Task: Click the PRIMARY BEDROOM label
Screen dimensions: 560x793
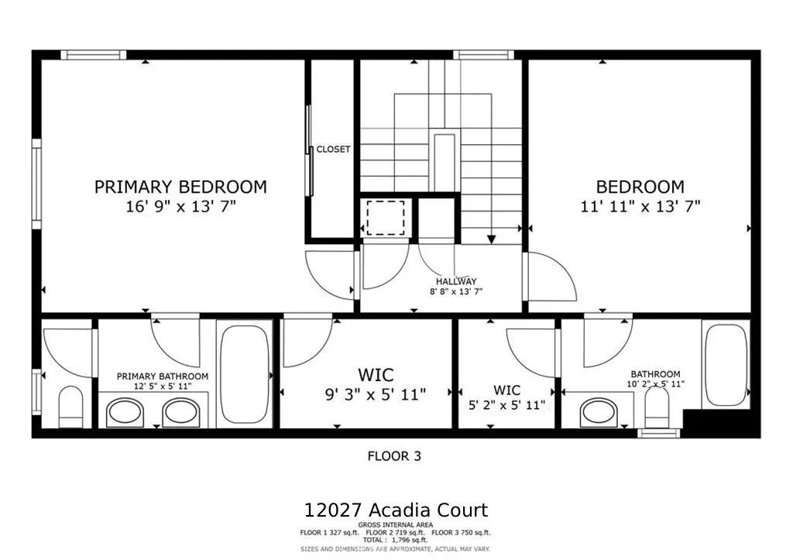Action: click(x=180, y=187)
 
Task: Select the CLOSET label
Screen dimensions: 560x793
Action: click(x=333, y=149)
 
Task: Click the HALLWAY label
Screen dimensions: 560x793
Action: click(x=456, y=281)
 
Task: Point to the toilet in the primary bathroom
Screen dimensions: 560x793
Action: click(x=70, y=405)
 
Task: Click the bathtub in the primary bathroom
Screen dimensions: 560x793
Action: click(x=244, y=373)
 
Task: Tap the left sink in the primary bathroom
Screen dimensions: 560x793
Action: click(x=125, y=411)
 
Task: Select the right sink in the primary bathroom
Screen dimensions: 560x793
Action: click(x=180, y=411)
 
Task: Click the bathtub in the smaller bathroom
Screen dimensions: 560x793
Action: click(x=726, y=363)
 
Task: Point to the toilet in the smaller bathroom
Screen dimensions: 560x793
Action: click(x=657, y=406)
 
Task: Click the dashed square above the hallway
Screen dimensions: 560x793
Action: click(x=385, y=218)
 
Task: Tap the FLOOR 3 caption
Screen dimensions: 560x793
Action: click(x=394, y=456)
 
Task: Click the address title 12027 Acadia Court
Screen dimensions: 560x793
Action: click(x=396, y=510)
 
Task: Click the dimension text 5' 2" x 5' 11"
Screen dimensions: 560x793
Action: click(x=507, y=404)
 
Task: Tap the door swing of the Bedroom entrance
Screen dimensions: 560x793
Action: click(x=551, y=277)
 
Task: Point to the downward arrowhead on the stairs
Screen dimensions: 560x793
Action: click(x=490, y=239)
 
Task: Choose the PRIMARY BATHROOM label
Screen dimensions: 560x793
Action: click(x=162, y=376)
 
